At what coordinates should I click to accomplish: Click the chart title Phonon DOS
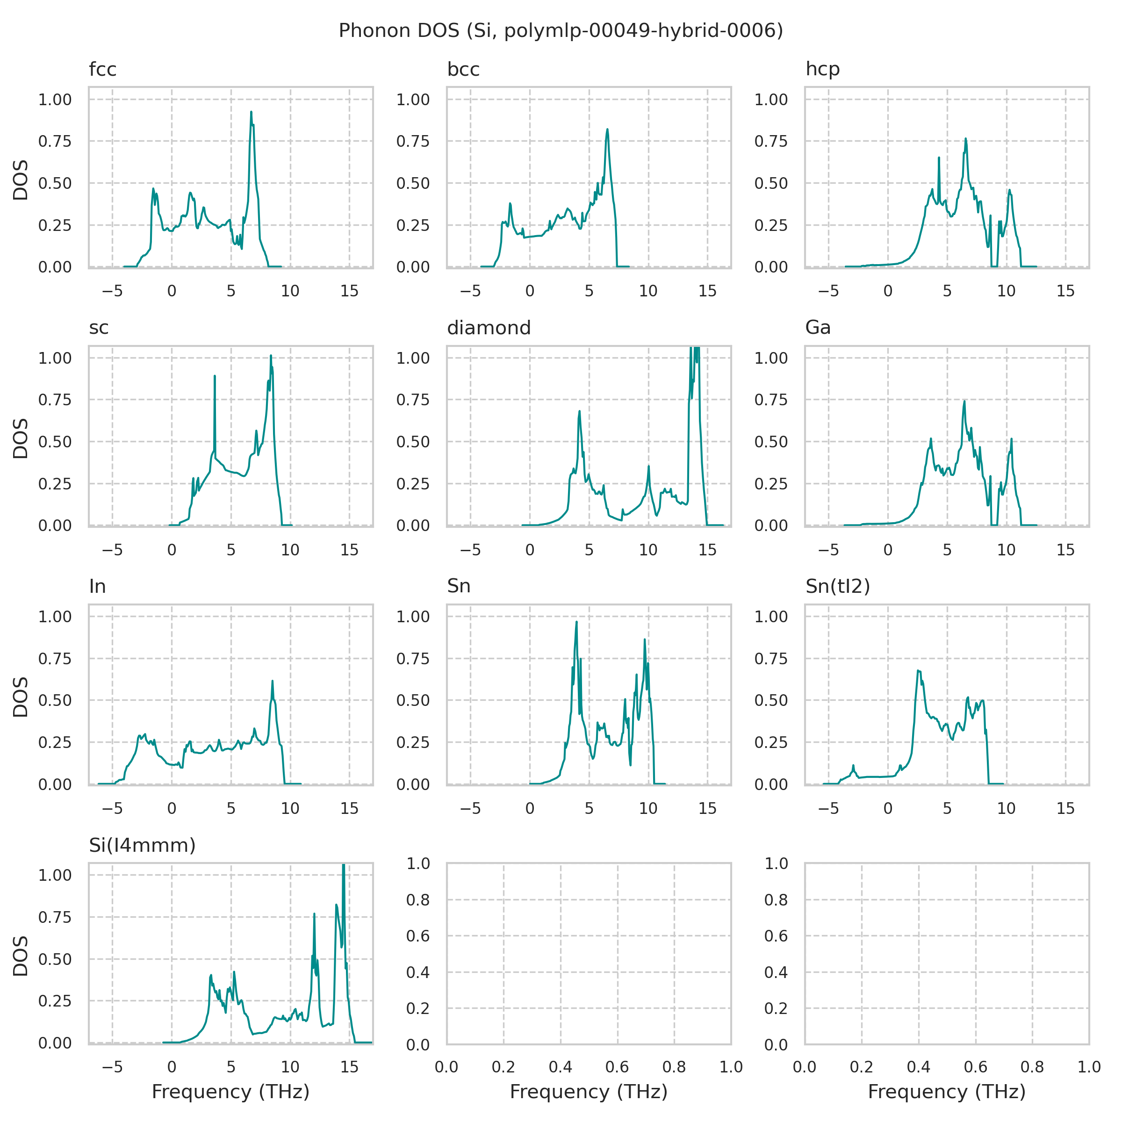[x=561, y=30]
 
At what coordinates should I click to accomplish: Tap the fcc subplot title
[x=103, y=70]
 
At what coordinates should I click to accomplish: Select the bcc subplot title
[x=463, y=70]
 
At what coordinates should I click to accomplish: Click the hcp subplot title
[x=822, y=70]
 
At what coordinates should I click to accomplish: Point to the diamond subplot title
[x=489, y=328]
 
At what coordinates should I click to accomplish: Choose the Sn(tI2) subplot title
[x=837, y=587]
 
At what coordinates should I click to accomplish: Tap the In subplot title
[x=98, y=587]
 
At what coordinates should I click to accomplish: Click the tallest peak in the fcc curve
[x=251, y=112]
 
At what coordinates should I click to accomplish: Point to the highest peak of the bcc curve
[x=607, y=129]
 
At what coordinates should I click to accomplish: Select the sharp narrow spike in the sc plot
[x=215, y=376]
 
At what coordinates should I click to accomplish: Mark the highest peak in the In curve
[x=273, y=681]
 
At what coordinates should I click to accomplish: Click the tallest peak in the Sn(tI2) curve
[x=918, y=671]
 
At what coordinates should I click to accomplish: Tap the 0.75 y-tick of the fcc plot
[x=55, y=142]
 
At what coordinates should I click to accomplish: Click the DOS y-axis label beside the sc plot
[x=21, y=439]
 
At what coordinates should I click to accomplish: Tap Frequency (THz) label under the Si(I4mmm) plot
[x=230, y=1093]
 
